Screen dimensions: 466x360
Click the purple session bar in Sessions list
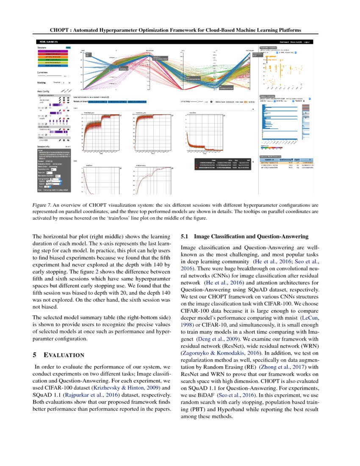pyautogui.click(x=53, y=51)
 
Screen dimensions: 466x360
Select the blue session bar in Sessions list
pyautogui.click(x=53, y=66)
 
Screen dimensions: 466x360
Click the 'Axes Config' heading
pyautogui.click(x=44, y=91)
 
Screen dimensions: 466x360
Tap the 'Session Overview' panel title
pyautogui.click(x=267, y=96)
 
